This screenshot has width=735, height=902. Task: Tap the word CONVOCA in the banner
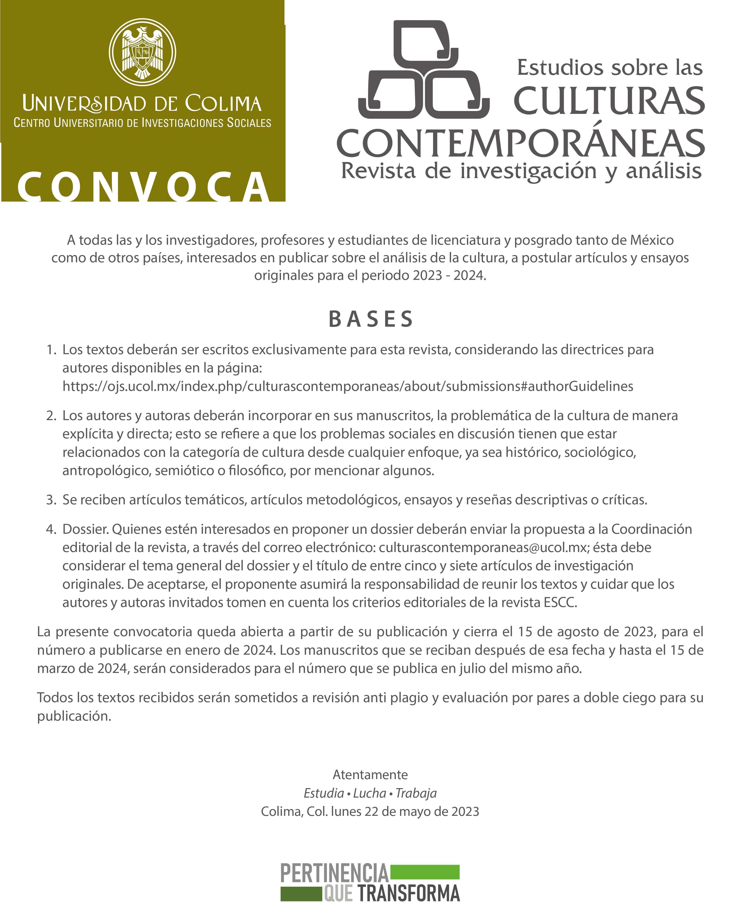pyautogui.click(x=144, y=186)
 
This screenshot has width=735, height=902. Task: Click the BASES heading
pyautogui.click(x=371, y=319)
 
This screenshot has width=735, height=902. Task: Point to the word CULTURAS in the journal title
pyautogui.click(x=609, y=101)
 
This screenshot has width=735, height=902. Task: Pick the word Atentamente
pyautogui.click(x=370, y=774)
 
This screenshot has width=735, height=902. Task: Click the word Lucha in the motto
pyautogui.click(x=370, y=793)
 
